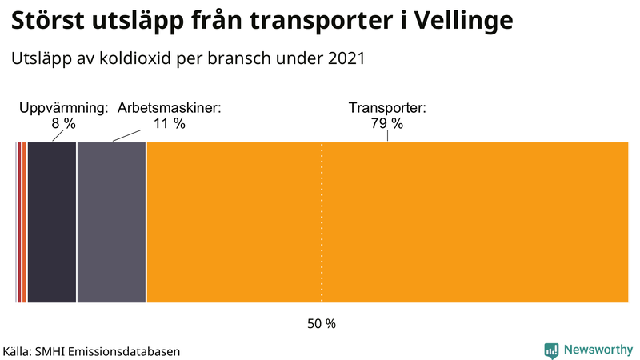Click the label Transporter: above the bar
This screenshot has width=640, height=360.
click(x=387, y=108)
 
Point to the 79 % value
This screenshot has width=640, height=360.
click(x=387, y=123)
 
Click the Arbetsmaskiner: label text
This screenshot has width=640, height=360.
click(x=169, y=108)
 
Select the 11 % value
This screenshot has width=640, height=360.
click(x=169, y=123)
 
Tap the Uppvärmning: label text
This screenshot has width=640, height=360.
click(x=63, y=108)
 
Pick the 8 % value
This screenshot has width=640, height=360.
click(x=63, y=123)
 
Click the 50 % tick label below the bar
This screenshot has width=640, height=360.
click(x=322, y=324)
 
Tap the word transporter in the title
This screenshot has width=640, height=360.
click(x=311, y=21)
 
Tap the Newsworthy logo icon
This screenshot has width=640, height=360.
click(x=551, y=350)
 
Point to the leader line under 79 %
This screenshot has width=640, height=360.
click(x=388, y=136)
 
